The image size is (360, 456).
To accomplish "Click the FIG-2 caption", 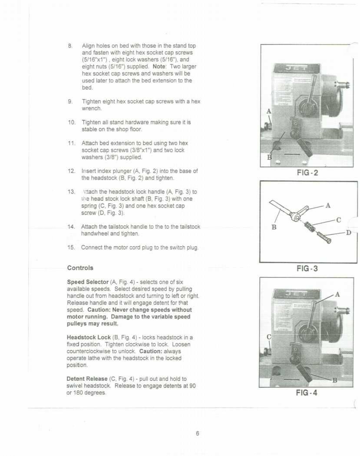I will [x=307, y=173].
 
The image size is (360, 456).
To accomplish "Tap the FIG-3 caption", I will [x=307, y=268].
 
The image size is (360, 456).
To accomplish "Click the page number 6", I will [x=197, y=433].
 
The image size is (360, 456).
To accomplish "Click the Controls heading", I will [x=80, y=267].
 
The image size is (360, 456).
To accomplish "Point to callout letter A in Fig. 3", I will [x=327, y=205].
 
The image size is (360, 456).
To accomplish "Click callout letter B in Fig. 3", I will [x=274, y=226].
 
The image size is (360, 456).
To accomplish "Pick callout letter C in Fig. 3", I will [x=339, y=220].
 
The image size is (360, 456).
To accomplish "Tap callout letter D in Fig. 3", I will [x=348, y=233].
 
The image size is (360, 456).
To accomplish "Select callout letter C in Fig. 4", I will [x=269, y=337].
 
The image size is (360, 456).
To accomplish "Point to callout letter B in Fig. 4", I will [x=335, y=381].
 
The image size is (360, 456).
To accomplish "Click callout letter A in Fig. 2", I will [x=269, y=111].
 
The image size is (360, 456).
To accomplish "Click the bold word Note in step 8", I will [x=159, y=67].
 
